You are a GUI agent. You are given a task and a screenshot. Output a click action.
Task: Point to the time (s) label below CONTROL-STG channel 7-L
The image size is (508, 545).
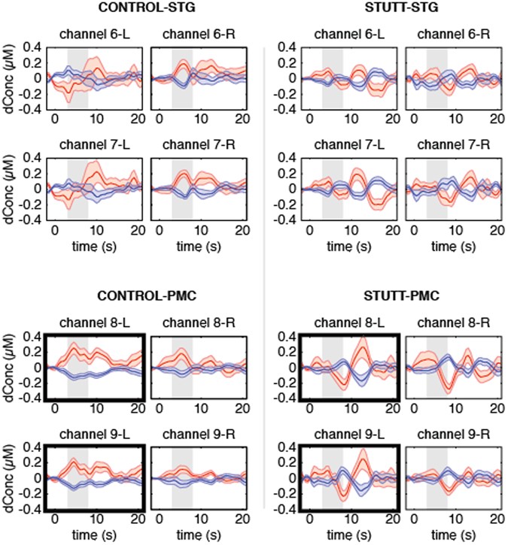point(93,247)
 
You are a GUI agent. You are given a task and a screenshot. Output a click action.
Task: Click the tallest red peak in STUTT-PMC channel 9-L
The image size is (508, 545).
point(364,451)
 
